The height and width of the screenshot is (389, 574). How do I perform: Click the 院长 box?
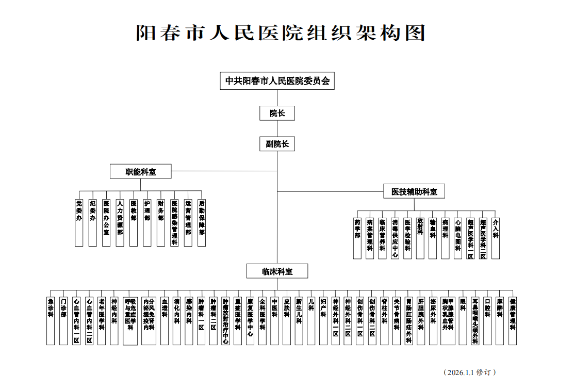[277, 113]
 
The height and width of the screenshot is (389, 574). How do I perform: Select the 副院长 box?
[277, 144]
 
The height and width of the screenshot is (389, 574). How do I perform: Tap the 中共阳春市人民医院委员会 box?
[277, 81]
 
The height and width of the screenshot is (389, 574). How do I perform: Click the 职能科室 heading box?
[141, 172]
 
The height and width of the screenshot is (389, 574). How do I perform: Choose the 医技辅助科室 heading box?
[414, 191]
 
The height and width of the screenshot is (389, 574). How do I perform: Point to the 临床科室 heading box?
[277, 271]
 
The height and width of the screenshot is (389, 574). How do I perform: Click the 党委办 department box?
[79, 222]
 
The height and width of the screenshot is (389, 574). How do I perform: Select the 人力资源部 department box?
[120, 222]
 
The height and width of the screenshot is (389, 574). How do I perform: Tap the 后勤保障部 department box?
[201, 222]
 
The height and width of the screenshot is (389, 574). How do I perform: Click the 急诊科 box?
[51, 320]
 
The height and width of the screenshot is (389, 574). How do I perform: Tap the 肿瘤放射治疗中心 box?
[225, 320]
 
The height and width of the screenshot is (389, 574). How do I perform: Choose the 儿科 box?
[311, 320]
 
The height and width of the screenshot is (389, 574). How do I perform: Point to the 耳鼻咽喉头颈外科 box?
[475, 320]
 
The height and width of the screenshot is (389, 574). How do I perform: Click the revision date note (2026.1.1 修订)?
[470, 372]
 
